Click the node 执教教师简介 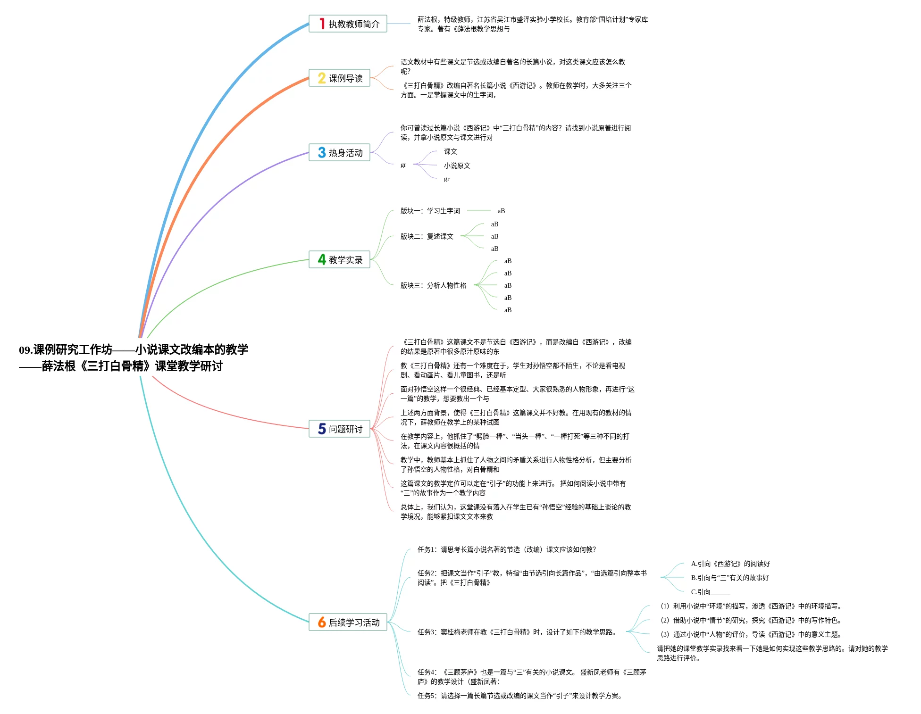[348, 24]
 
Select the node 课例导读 [340, 78]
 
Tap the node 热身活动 [340, 152]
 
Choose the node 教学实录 [340, 259]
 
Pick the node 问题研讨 [340, 429]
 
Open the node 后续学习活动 [348, 622]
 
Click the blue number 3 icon [322, 152]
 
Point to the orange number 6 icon [322, 622]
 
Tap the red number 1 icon [322, 24]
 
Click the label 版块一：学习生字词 [430, 211]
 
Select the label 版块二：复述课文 [427, 236]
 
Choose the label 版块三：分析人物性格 [433, 285]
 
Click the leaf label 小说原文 [457, 166]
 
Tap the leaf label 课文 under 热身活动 [450, 151]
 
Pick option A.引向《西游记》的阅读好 [730, 564]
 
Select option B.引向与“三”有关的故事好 [729, 578]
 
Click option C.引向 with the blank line [710, 592]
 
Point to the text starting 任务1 [506, 549]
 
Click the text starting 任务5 [519, 696]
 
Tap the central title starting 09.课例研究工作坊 [134, 357]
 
